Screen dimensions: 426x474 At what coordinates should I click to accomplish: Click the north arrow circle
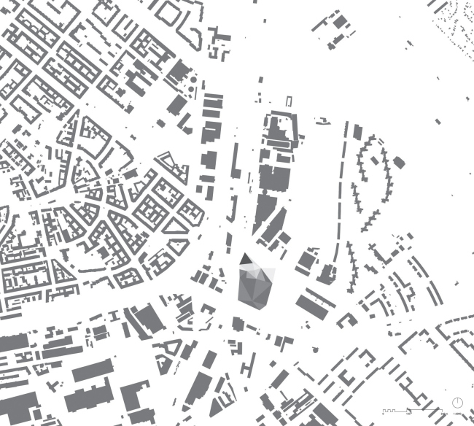point(458,403)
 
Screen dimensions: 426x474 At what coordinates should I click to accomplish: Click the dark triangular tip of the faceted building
point(246,260)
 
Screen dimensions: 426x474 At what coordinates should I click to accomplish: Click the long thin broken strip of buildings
point(338,197)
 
